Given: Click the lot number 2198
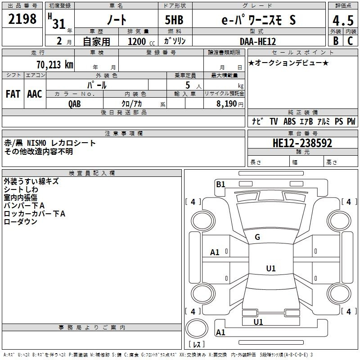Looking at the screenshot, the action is [22, 19].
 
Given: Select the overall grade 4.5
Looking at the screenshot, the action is [343, 20].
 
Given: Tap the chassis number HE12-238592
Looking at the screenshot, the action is [302, 143].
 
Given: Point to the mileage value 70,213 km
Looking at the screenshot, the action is [55, 65].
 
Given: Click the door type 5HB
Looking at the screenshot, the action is [174, 20].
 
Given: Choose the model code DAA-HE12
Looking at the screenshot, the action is [257, 41].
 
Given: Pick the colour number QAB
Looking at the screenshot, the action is [74, 104].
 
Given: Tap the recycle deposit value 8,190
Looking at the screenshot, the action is [226, 104].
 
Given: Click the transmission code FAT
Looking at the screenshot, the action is [13, 94].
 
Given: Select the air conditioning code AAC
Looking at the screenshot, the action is [35, 94].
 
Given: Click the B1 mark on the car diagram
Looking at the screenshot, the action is [220, 184].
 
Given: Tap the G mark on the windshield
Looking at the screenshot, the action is [257, 237].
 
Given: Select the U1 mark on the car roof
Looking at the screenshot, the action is [271, 268].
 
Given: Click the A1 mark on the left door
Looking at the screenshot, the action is [215, 252].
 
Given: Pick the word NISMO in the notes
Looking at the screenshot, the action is [36, 143].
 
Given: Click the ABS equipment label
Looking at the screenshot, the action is [289, 121].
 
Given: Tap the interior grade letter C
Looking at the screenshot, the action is [351, 40].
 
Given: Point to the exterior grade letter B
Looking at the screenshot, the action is [336, 40].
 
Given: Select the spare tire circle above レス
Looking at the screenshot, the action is [197, 328].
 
